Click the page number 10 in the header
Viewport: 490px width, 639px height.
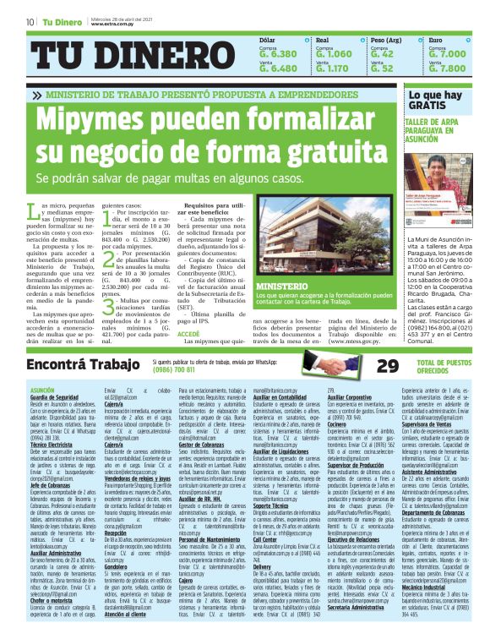pyautogui.click(x=30, y=22)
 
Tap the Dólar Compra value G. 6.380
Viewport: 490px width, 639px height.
pyautogui.click(x=278, y=53)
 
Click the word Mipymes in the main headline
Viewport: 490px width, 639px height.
pyautogui.click(x=93, y=122)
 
